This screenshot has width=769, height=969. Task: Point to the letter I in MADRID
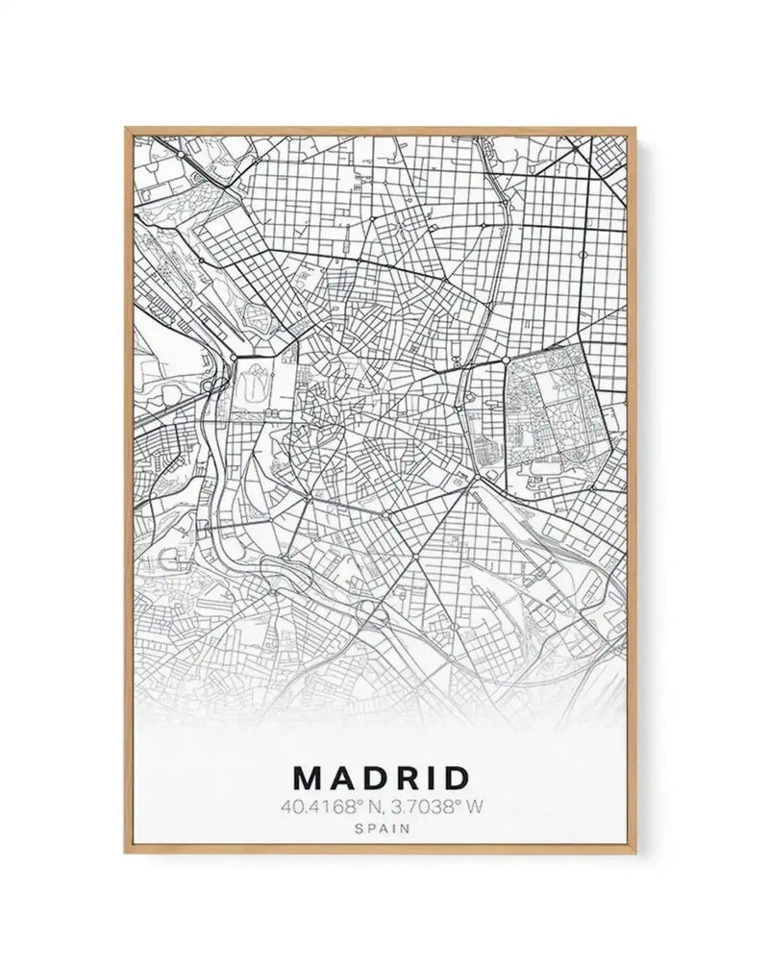(434, 777)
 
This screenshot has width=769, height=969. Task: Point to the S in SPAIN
(359, 827)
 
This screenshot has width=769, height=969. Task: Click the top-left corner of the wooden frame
(124, 126)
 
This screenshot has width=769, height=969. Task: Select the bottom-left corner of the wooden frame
(124, 853)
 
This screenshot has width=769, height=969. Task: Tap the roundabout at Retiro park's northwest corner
(507, 360)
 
